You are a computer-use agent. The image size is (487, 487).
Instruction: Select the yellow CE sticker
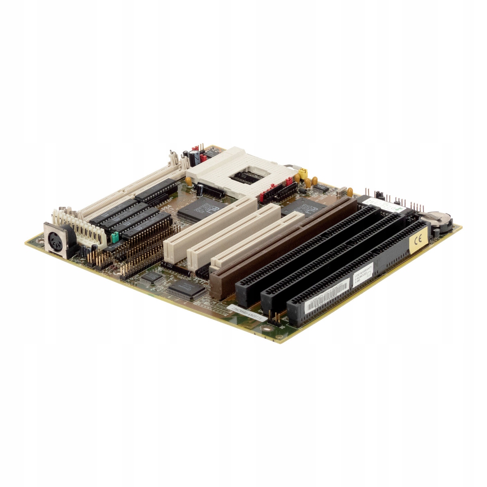coord(418,241)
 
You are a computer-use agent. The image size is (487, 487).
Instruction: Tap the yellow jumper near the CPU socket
coord(302,174)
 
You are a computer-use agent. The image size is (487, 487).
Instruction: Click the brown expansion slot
coord(284,243)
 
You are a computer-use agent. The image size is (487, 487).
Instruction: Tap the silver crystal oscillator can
coord(348,192)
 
